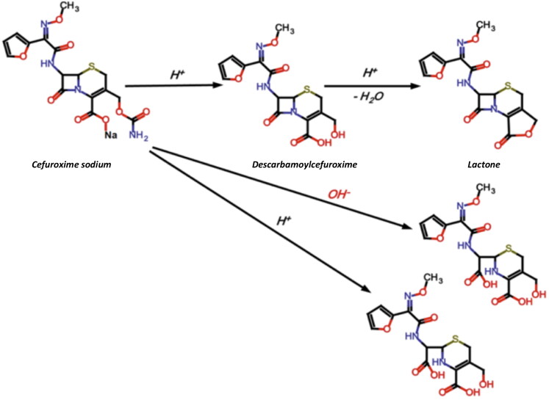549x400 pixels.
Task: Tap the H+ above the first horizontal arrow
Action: point(179,76)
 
